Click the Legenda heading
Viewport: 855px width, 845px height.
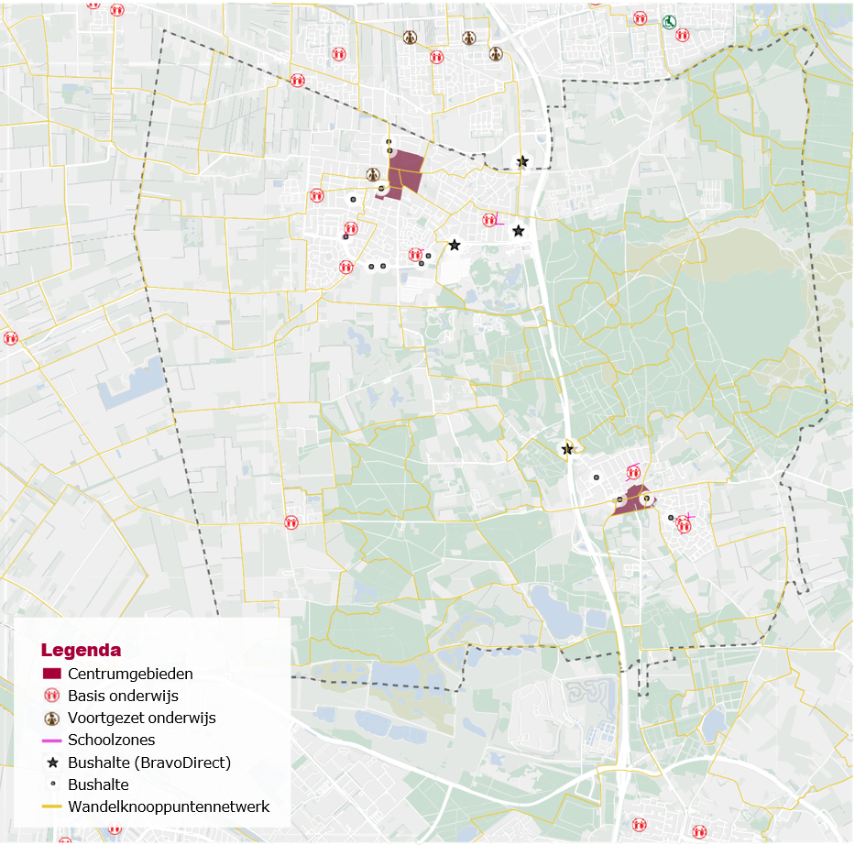click(x=81, y=651)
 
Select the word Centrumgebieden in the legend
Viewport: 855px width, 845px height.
click(x=130, y=674)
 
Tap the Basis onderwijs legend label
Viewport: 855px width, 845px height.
click(x=123, y=696)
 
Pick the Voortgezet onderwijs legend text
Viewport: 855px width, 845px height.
click(x=141, y=718)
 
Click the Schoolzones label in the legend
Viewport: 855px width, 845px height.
click(x=111, y=740)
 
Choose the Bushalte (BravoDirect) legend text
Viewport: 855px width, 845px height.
click(x=148, y=763)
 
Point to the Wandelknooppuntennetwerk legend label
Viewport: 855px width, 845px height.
click(x=169, y=807)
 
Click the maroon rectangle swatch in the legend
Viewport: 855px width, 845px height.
click(x=51, y=674)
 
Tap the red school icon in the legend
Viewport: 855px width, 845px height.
click(x=51, y=696)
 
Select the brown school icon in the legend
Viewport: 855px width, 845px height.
click(x=51, y=718)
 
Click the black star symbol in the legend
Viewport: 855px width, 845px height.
click(x=51, y=763)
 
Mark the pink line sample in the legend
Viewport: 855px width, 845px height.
click(x=51, y=740)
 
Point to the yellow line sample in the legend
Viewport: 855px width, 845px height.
click(x=51, y=807)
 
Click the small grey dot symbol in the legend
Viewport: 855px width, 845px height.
click(x=51, y=785)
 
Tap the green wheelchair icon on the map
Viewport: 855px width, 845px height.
click(x=670, y=20)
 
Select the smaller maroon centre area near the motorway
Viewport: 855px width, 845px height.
click(x=632, y=500)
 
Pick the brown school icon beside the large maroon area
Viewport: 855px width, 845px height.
click(x=373, y=174)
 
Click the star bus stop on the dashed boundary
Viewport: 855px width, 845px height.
click(x=522, y=161)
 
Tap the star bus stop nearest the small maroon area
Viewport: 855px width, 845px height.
click(x=567, y=449)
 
